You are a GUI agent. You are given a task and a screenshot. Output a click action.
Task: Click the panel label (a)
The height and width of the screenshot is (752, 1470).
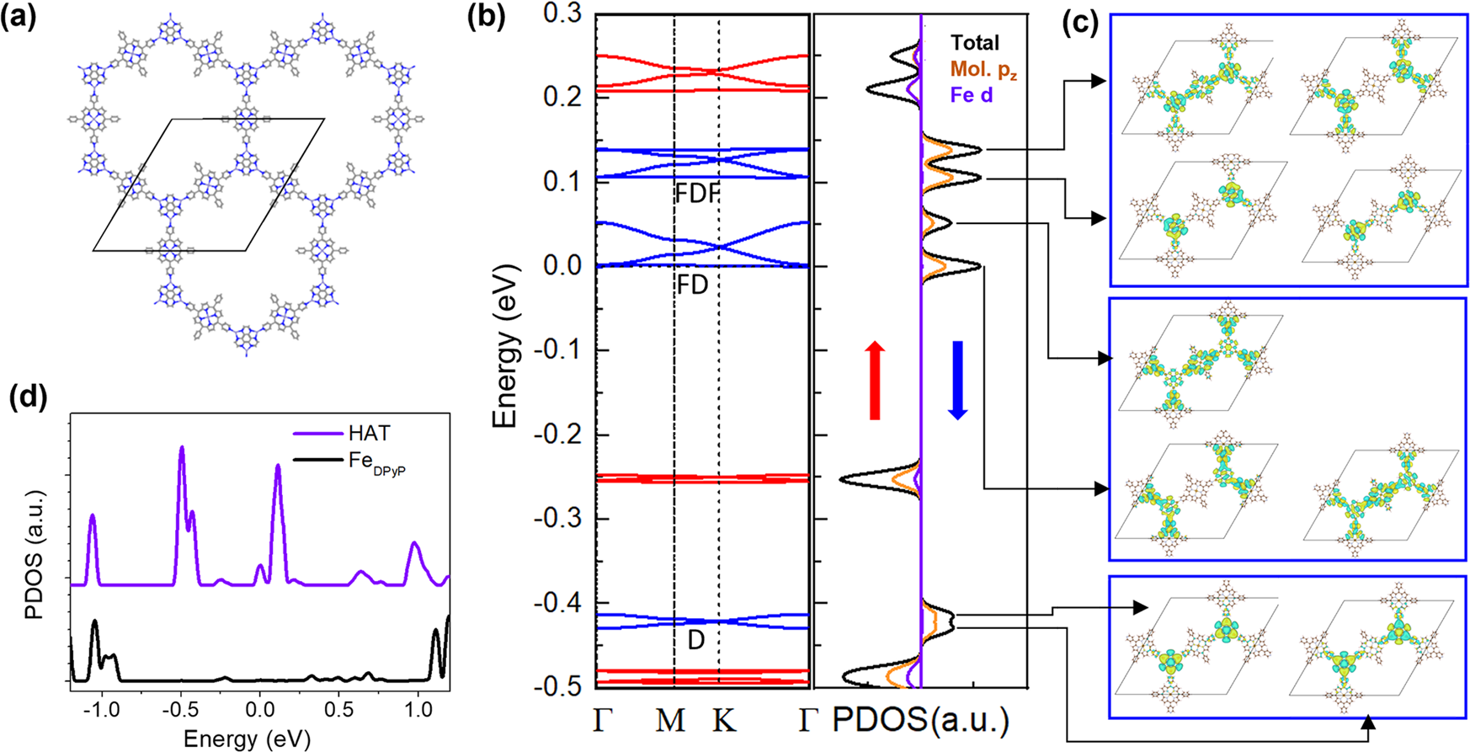(x=19, y=19)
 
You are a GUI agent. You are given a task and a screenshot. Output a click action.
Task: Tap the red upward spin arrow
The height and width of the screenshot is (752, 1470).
(x=875, y=381)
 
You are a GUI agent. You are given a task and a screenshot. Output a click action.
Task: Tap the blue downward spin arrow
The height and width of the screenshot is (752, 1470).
(x=957, y=381)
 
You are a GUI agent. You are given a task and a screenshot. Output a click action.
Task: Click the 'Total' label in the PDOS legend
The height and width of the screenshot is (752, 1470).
(x=975, y=43)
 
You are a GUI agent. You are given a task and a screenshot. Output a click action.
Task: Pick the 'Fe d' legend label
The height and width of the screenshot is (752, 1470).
(x=972, y=95)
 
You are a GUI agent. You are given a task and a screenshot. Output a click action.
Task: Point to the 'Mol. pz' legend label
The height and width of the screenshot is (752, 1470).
(x=983, y=69)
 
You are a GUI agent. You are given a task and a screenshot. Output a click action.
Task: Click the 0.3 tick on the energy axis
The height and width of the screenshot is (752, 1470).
(x=563, y=13)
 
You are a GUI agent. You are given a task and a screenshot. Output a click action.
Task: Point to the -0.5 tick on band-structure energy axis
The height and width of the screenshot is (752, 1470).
(x=560, y=686)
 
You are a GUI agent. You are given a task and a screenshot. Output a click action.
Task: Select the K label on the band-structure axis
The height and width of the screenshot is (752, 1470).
(x=724, y=721)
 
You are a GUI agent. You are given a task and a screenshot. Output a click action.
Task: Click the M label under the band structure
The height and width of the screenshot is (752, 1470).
(x=670, y=721)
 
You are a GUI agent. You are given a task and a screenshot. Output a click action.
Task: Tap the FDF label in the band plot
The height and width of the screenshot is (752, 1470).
(x=697, y=194)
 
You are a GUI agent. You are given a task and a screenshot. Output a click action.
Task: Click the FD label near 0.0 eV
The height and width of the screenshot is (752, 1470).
(x=692, y=285)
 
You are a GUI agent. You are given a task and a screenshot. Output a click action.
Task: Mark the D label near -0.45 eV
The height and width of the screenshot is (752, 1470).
(x=695, y=640)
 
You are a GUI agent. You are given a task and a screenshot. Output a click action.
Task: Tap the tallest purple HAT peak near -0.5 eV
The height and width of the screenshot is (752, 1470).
(x=181, y=449)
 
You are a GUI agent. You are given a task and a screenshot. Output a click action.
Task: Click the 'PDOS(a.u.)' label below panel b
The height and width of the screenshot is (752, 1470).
(x=920, y=721)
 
